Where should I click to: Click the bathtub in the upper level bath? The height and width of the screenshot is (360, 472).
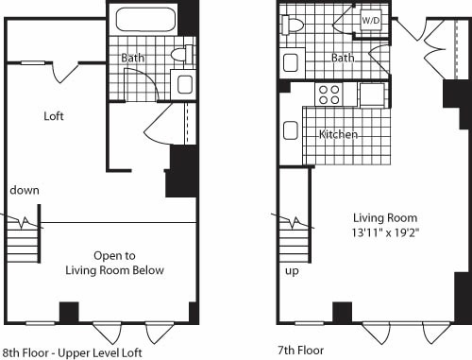point(145,22)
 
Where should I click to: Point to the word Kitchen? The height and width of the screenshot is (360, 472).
point(338,134)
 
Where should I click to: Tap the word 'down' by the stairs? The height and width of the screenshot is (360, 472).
point(24,190)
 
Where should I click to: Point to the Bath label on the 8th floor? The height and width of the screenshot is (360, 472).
point(132,59)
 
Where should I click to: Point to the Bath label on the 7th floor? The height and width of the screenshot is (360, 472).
point(342,59)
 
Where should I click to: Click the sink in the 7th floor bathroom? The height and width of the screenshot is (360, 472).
point(291,63)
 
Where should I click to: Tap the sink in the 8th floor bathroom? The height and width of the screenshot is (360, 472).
point(183,83)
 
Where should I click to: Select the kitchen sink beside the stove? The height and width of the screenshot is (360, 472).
point(371,94)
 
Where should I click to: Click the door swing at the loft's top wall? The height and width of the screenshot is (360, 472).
point(61,72)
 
